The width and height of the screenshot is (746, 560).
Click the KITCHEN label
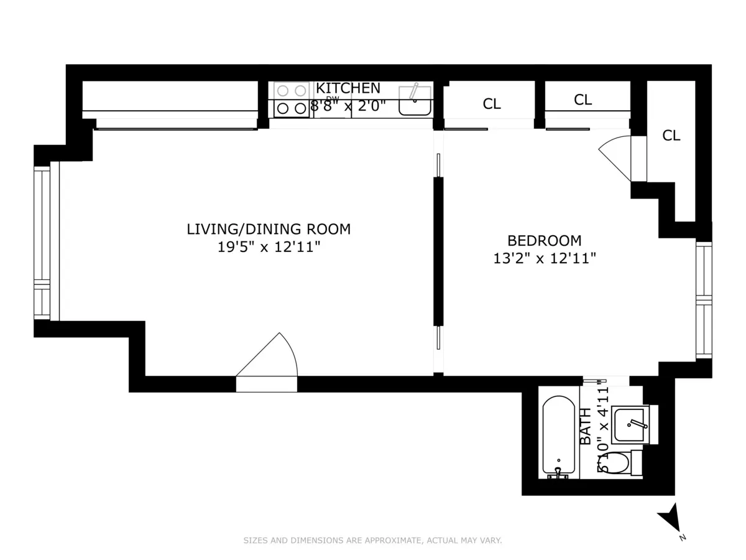(x=348, y=88)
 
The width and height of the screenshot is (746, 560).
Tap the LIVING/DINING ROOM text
(x=269, y=229)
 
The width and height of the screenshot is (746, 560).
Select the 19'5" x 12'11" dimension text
(x=269, y=247)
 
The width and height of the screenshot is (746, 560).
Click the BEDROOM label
(x=545, y=240)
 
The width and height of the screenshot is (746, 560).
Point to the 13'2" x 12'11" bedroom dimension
(x=545, y=258)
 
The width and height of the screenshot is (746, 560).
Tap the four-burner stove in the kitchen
(x=292, y=100)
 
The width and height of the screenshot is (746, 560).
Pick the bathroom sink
(x=630, y=424)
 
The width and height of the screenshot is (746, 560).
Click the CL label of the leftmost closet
(x=492, y=105)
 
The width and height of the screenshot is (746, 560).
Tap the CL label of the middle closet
(x=583, y=100)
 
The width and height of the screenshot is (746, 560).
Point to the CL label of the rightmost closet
(x=671, y=136)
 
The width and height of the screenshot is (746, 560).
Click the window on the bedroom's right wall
(x=703, y=300)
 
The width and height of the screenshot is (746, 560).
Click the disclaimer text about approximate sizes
(x=372, y=541)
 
